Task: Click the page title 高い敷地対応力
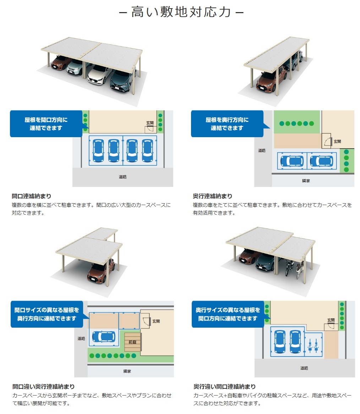(181, 12)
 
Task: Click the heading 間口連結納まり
(31, 196)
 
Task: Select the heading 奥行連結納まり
(213, 196)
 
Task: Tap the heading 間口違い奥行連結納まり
(44, 387)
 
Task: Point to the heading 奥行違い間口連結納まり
(225, 387)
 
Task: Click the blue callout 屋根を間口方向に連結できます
(46, 124)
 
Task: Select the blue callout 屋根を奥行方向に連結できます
(227, 124)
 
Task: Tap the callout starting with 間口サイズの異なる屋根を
(47, 314)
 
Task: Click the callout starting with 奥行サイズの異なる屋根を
(228, 314)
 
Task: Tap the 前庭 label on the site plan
(132, 342)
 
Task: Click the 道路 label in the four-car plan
(122, 177)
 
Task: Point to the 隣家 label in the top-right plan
(306, 181)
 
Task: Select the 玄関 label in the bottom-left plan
(156, 321)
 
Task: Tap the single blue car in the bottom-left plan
(104, 337)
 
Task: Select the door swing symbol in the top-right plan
(327, 141)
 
